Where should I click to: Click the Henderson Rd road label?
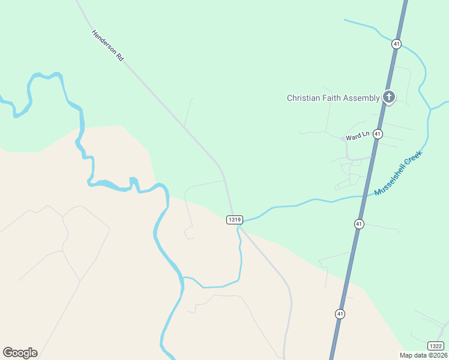(107, 46)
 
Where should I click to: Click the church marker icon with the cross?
(389, 97)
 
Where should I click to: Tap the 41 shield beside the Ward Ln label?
(378, 134)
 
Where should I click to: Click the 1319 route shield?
(234, 220)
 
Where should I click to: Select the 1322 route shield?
(436, 346)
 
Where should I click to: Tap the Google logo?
(20, 353)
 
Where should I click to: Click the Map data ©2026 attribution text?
(424, 355)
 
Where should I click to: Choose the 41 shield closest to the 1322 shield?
(340, 314)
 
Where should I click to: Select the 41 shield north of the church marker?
(396, 44)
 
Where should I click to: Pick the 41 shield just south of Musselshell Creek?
(359, 224)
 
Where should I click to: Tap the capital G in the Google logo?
(8, 353)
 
